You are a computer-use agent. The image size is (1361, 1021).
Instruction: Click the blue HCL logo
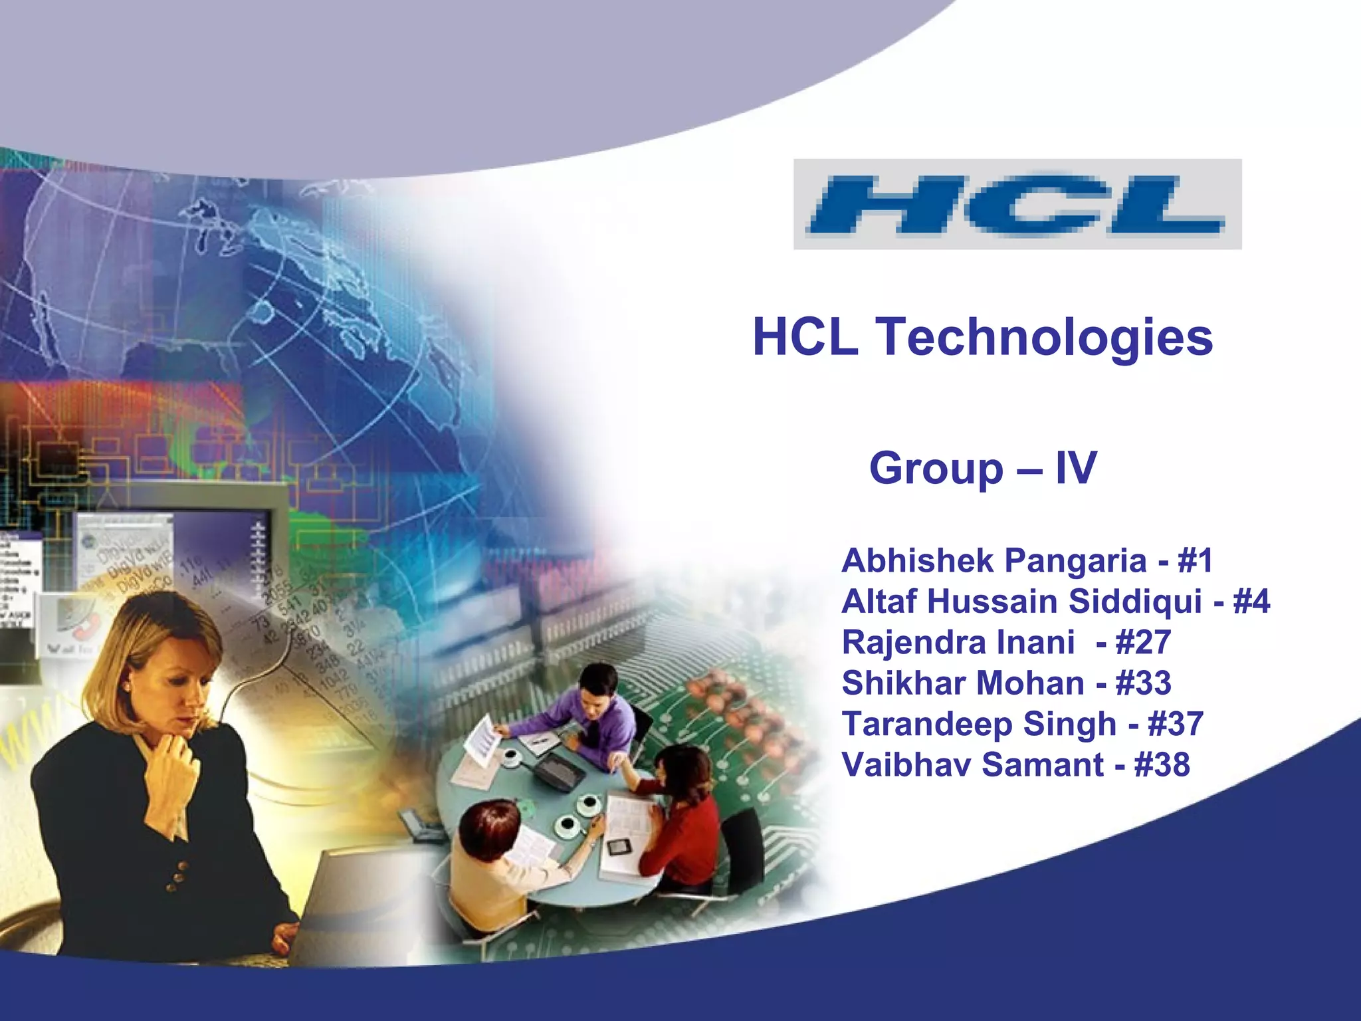coord(1017,204)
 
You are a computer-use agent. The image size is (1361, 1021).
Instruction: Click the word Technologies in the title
coord(1047,338)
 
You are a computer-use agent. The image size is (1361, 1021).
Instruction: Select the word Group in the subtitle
coord(936,469)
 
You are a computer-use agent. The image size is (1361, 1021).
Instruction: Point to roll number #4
coord(1251,602)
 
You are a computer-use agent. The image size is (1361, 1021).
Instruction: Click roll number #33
coord(1143,683)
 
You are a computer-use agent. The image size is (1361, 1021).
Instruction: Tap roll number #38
coord(1162,765)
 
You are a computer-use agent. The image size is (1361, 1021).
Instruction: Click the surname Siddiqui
coord(1136,602)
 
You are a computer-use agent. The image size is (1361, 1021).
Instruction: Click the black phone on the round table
coord(560,771)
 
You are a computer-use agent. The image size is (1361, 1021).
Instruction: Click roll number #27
coord(1143,643)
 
